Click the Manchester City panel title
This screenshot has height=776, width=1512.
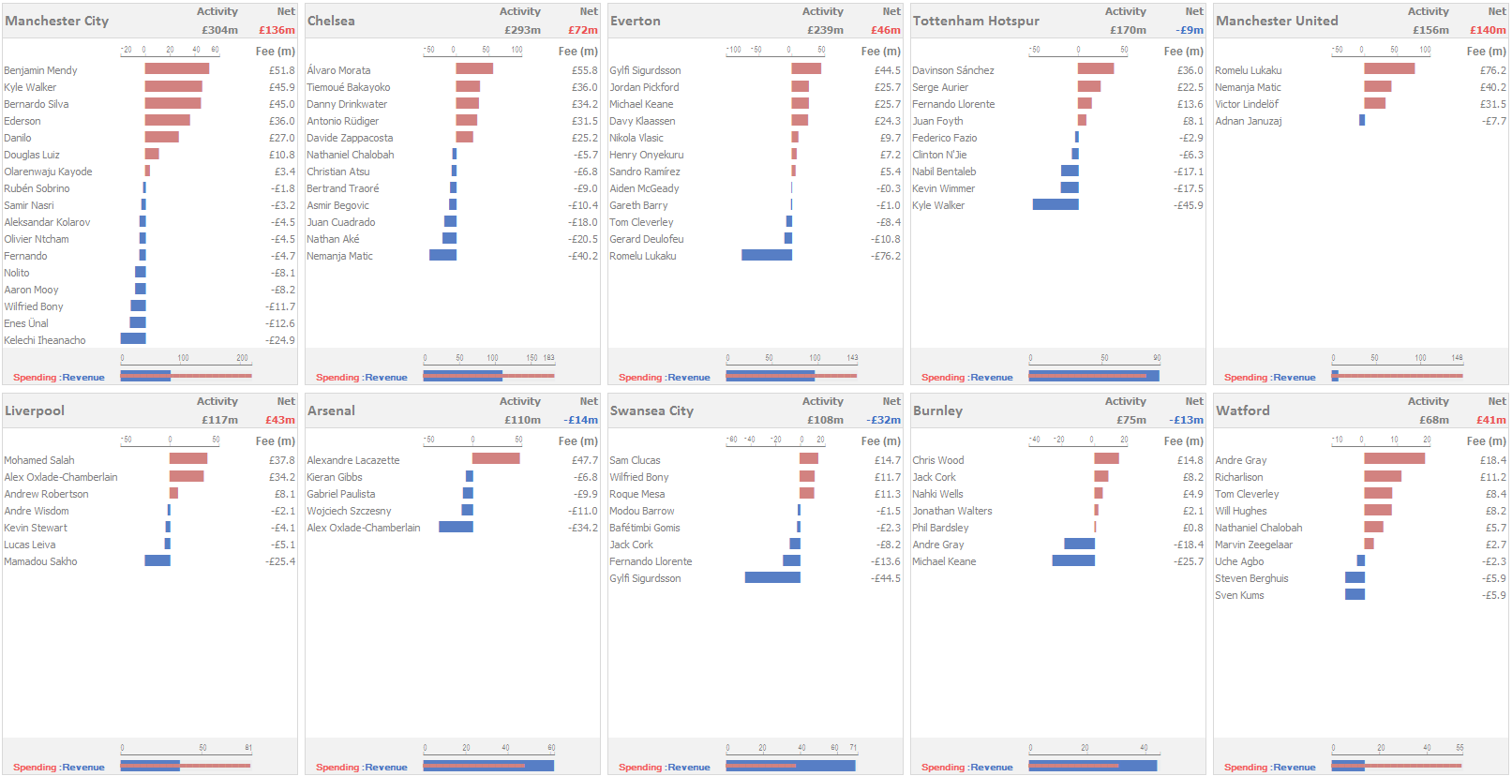(x=57, y=21)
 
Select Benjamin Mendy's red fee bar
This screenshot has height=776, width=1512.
(x=177, y=69)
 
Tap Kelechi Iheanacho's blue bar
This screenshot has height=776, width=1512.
(x=133, y=339)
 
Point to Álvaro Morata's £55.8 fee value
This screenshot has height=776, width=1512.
(x=584, y=70)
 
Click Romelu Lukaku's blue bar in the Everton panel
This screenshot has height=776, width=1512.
(x=767, y=255)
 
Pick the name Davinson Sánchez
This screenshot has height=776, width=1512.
(x=953, y=70)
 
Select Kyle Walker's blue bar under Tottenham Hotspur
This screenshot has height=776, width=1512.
(x=1055, y=204)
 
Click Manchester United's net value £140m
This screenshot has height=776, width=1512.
(x=1488, y=30)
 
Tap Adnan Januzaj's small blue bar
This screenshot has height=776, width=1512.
(x=1362, y=120)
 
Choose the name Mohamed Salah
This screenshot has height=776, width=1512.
(x=39, y=460)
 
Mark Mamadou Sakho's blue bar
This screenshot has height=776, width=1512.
(x=157, y=560)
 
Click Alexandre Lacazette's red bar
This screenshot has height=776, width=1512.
(x=496, y=459)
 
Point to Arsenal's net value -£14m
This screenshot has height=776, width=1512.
(x=581, y=420)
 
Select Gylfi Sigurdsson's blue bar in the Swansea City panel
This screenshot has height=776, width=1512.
(x=772, y=577)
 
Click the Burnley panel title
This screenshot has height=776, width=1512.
(x=938, y=410)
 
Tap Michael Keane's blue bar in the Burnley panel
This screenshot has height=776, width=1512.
(x=1073, y=560)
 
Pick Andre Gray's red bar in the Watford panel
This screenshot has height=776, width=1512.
(x=1394, y=459)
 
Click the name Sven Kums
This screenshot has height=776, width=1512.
(x=1239, y=595)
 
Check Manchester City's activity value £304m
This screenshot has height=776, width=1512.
(x=219, y=30)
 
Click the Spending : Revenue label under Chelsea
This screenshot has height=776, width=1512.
(x=362, y=377)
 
